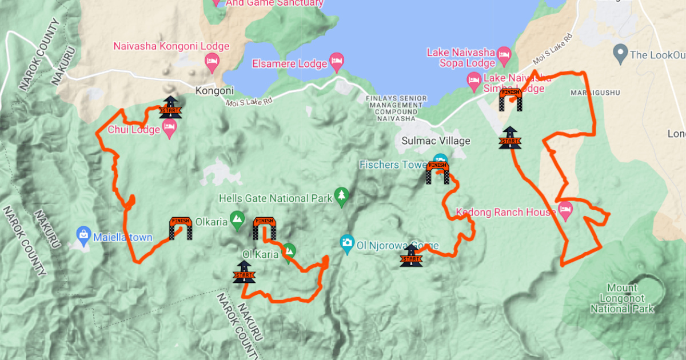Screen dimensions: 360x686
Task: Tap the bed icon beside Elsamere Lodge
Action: (337, 62)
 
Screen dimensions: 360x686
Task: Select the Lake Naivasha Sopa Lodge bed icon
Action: (504, 55)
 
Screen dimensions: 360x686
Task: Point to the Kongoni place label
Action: (214, 90)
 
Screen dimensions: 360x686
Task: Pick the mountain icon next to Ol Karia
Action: (290, 250)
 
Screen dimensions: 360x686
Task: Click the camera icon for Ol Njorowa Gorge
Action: (346, 242)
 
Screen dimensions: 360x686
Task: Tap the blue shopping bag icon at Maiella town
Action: (83, 234)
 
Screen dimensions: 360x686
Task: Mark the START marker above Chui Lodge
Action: (170, 107)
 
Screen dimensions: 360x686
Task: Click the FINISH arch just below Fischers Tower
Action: (438, 173)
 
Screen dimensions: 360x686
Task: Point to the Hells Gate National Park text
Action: (276, 199)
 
